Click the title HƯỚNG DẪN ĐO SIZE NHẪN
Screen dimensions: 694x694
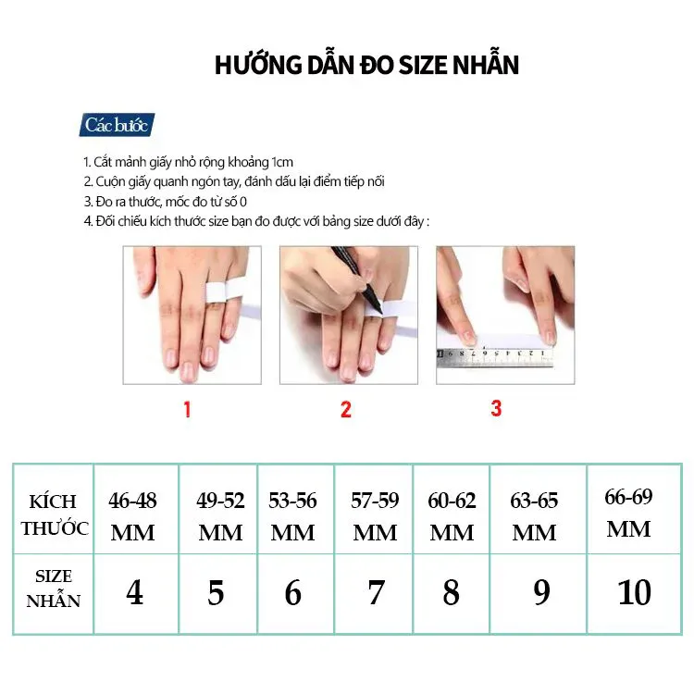[366, 65]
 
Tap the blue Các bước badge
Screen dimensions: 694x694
[117, 125]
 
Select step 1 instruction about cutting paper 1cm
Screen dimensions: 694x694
[188, 161]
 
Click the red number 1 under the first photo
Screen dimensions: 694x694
[187, 409]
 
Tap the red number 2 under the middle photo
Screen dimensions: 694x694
[346, 409]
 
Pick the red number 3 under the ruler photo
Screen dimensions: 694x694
[496, 407]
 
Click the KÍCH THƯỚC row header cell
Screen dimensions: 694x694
[54, 514]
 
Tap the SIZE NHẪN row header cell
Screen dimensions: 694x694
[54, 589]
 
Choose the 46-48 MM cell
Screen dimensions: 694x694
[133, 515]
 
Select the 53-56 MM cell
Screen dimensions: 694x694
[293, 515]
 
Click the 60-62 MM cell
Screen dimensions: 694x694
[452, 515]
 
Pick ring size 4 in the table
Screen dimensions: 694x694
[134, 592]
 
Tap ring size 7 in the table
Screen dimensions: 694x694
[376, 592]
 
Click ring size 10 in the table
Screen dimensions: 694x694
[634, 592]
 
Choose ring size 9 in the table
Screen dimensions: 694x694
[541, 592]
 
